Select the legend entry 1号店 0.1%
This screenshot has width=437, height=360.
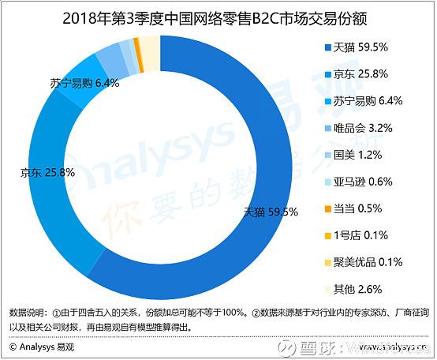click(x=359, y=234)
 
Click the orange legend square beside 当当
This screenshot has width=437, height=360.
click(x=327, y=208)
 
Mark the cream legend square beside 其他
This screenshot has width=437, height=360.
click(x=327, y=287)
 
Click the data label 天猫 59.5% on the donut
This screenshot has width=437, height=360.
click(x=271, y=212)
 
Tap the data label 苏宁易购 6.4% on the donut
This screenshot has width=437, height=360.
click(x=78, y=81)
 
